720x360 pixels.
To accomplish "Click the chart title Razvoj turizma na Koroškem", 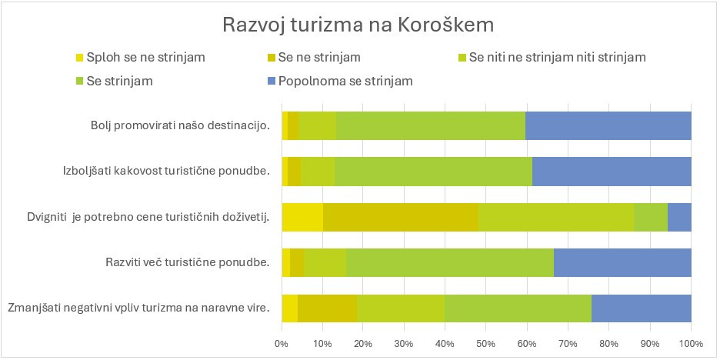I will point(358,25).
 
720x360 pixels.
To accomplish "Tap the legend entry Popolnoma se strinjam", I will point(345,81).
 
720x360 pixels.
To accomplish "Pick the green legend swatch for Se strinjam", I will point(79,81).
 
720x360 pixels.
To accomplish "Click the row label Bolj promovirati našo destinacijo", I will point(179,125).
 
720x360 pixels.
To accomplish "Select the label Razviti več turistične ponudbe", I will point(187,263).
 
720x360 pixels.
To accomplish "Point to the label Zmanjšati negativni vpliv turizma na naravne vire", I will point(138,308).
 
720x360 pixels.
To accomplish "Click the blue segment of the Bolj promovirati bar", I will point(608,125).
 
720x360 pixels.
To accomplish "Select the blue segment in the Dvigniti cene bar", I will point(679,217).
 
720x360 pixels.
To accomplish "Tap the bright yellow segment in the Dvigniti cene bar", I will point(302,217).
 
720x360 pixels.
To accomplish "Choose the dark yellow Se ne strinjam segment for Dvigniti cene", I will point(400,217).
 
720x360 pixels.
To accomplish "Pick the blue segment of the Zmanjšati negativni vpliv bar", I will point(641,308).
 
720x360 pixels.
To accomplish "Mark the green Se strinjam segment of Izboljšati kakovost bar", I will point(433,171).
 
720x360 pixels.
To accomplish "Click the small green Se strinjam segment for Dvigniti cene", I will point(650,217).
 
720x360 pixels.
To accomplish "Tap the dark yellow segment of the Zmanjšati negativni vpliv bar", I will point(327,308).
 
